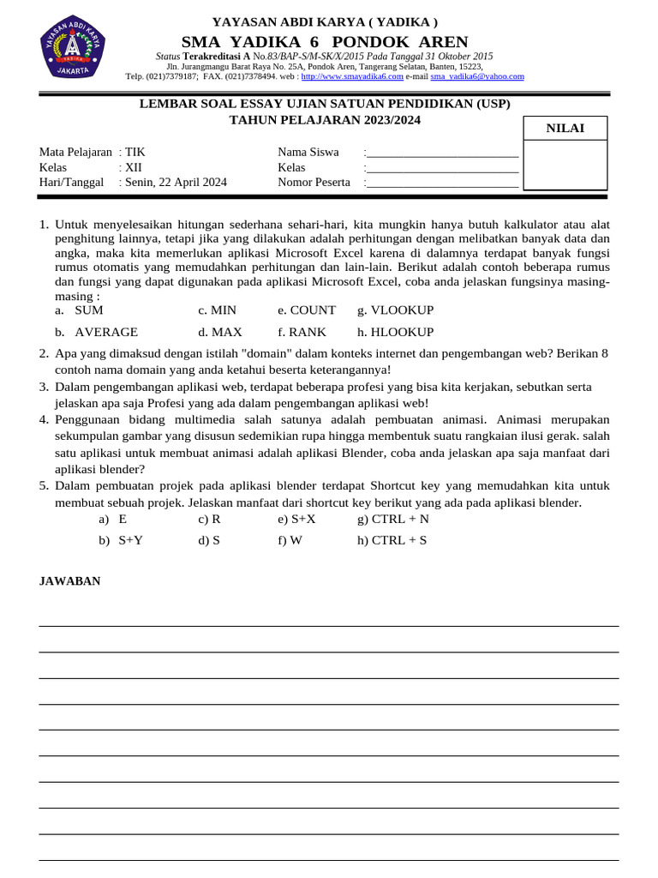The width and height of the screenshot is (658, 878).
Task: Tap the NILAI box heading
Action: [565, 129]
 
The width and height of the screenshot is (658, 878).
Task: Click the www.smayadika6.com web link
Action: [352, 76]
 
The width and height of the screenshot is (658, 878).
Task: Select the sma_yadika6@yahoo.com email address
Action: [477, 76]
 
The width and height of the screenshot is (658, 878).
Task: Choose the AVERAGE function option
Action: [105, 332]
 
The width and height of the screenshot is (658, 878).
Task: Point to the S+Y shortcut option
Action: [130, 540]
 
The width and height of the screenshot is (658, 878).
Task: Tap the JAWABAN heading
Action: [70, 581]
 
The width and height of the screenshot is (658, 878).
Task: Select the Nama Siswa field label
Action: [308, 152]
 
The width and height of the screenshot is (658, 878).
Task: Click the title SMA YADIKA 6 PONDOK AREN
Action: [325, 42]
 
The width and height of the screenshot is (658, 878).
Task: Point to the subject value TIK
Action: [135, 152]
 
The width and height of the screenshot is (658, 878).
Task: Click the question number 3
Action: [44, 387]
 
